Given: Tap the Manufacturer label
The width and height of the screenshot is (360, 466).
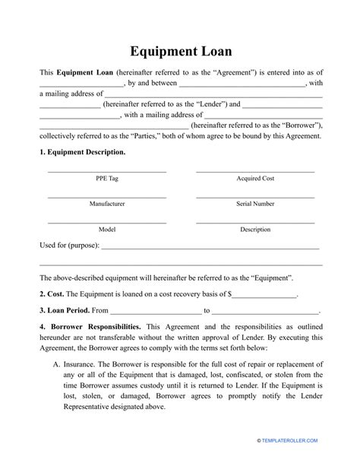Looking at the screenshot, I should point(106,204).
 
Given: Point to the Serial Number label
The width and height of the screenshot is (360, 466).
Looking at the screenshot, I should point(255,204).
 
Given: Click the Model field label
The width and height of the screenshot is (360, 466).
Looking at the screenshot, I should point(106,229).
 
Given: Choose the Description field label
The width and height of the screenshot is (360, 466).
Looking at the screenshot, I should point(255,229).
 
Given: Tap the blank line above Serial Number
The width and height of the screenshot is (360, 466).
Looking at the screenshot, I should point(255,196).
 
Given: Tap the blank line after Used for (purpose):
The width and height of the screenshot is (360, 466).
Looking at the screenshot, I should point(210,248).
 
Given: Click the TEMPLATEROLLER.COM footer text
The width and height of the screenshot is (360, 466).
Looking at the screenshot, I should point(303,461).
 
